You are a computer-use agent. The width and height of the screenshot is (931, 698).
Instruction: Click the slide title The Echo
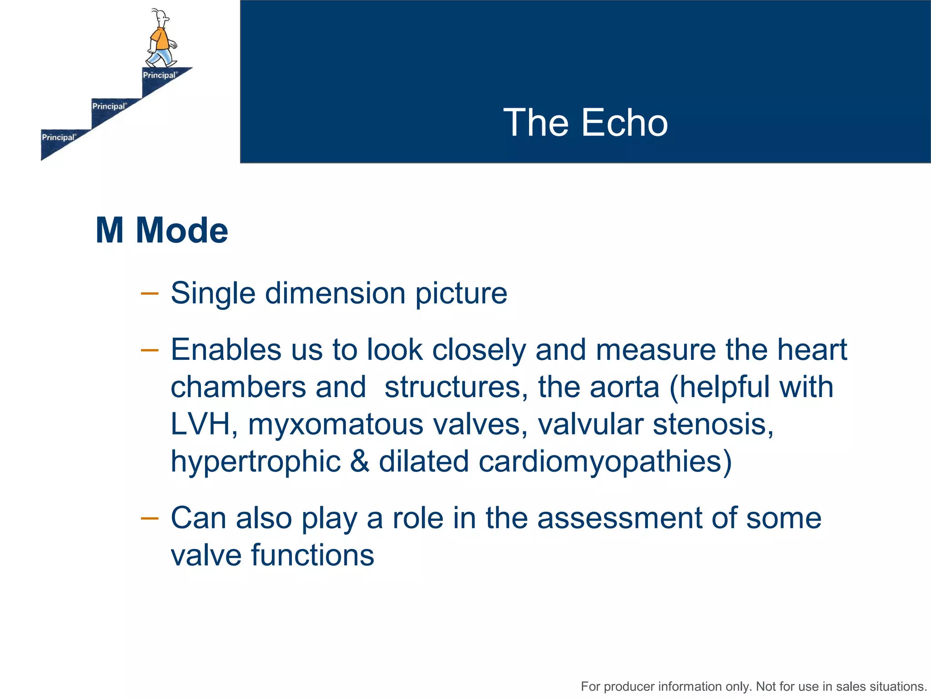click(586, 123)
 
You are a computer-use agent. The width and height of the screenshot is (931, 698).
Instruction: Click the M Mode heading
click(162, 231)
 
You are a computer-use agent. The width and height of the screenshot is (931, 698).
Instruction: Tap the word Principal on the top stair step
click(159, 75)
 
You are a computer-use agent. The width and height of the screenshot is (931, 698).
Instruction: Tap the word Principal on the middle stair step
click(109, 106)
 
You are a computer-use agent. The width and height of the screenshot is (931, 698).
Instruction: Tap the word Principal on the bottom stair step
click(58, 137)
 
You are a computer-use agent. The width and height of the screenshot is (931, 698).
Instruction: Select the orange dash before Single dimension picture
click(150, 294)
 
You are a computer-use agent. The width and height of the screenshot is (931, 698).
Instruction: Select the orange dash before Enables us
click(150, 350)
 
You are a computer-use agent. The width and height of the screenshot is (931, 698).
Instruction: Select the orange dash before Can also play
click(150, 518)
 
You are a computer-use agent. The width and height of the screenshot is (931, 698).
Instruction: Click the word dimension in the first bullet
click(335, 293)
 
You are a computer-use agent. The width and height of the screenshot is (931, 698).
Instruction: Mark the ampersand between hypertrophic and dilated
click(360, 461)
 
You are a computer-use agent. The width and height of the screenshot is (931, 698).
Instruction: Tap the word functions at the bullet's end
click(312, 555)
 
